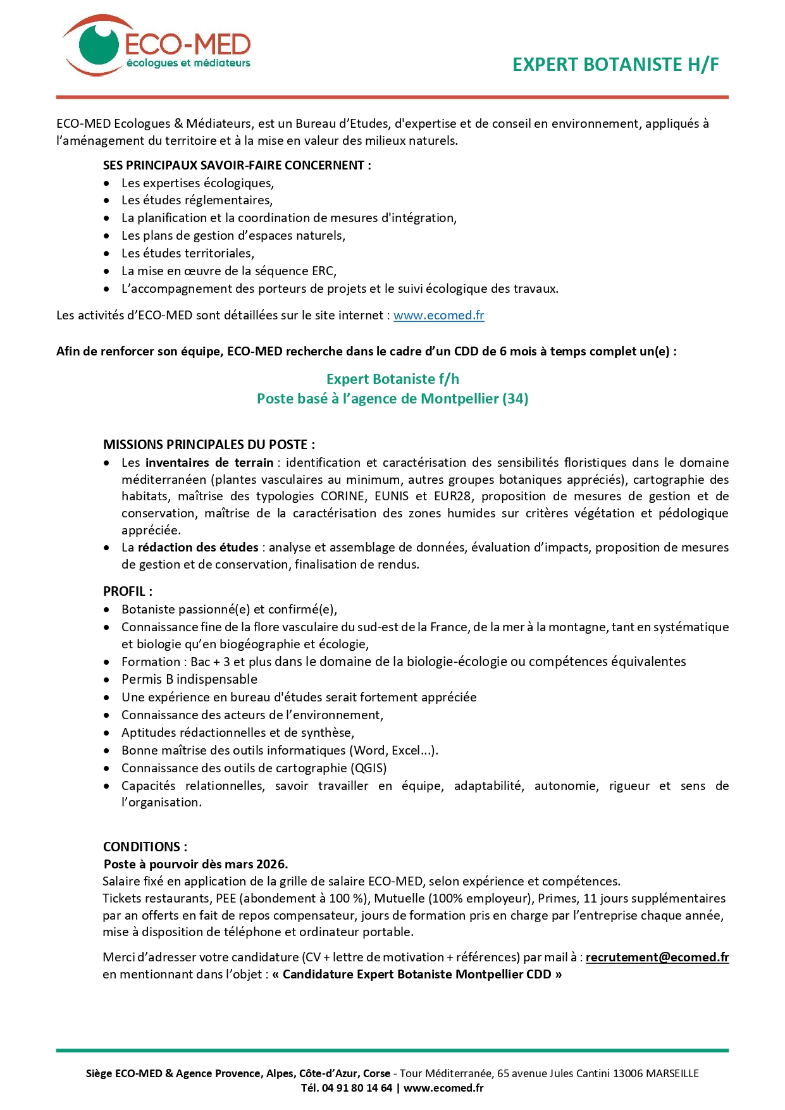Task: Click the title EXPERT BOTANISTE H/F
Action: coord(615,65)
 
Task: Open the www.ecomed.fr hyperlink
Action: coord(438,315)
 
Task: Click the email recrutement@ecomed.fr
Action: coord(657,957)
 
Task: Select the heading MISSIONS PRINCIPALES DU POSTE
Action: coord(209,445)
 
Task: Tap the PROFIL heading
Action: coord(127,591)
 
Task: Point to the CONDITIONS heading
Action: coord(145,847)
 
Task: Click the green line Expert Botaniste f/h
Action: coord(392,379)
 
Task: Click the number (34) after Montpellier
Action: coord(516,398)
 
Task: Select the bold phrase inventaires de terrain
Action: coord(209,462)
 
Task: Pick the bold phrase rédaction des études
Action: coord(198,547)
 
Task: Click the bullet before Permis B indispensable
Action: coord(107,680)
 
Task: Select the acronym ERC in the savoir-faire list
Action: coord(323,271)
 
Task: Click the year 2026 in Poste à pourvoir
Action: coord(273,864)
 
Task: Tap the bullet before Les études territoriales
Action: coord(107,254)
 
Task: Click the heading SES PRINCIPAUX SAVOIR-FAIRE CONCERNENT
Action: coord(237,165)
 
